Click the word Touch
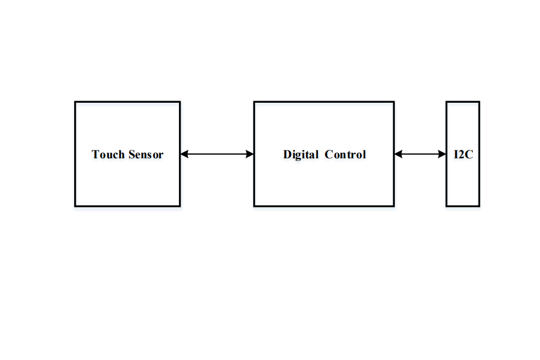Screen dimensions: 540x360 coord(108,155)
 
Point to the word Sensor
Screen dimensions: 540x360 coord(146,155)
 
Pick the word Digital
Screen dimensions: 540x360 coord(301,155)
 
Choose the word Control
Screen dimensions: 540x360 coord(345,155)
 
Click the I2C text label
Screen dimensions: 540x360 coord(464,155)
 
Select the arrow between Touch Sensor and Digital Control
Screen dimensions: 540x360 coord(217,154)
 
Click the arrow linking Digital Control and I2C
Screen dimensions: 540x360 coord(420,154)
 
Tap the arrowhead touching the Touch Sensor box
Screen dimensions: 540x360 coord(184,154)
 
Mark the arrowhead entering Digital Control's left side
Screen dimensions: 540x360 coord(250,154)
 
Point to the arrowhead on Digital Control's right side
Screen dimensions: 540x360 coord(399,154)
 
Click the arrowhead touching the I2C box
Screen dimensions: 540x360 coord(442,154)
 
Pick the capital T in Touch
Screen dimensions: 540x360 coord(95,155)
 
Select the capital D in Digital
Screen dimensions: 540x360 coord(287,155)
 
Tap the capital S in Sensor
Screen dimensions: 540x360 coord(132,155)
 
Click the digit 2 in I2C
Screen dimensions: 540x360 coord(461,155)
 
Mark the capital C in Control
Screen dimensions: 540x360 coord(329,155)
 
